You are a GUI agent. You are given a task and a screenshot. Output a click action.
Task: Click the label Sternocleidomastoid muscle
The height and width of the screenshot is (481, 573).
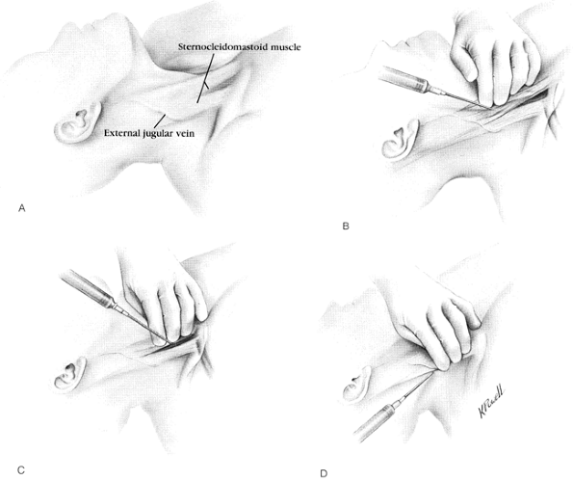240,47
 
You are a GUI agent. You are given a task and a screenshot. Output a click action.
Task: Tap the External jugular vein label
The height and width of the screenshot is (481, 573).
149,133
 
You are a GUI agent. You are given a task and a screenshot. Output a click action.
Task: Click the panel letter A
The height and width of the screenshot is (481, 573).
22,208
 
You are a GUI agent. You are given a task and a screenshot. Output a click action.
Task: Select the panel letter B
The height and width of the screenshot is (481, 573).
346,227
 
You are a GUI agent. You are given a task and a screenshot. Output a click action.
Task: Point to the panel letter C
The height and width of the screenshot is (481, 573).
21,470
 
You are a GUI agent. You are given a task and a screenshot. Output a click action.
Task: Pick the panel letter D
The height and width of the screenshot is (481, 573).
324,473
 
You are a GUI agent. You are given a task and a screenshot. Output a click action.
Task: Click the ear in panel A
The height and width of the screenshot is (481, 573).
77,122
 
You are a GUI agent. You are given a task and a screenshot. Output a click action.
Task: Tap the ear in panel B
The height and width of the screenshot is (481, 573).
401,140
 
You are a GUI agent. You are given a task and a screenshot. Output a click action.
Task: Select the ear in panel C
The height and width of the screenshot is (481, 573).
68,374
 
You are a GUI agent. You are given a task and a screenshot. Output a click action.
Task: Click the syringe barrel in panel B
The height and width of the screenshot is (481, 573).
403,79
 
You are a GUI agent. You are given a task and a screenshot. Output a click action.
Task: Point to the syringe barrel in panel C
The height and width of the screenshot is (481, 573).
87,287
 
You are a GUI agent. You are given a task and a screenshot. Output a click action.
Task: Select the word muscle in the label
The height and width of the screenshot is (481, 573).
286,47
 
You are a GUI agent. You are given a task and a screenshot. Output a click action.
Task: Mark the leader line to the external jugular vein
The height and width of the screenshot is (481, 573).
160,120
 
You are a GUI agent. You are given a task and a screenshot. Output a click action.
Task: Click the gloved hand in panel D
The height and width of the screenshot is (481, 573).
435,330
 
